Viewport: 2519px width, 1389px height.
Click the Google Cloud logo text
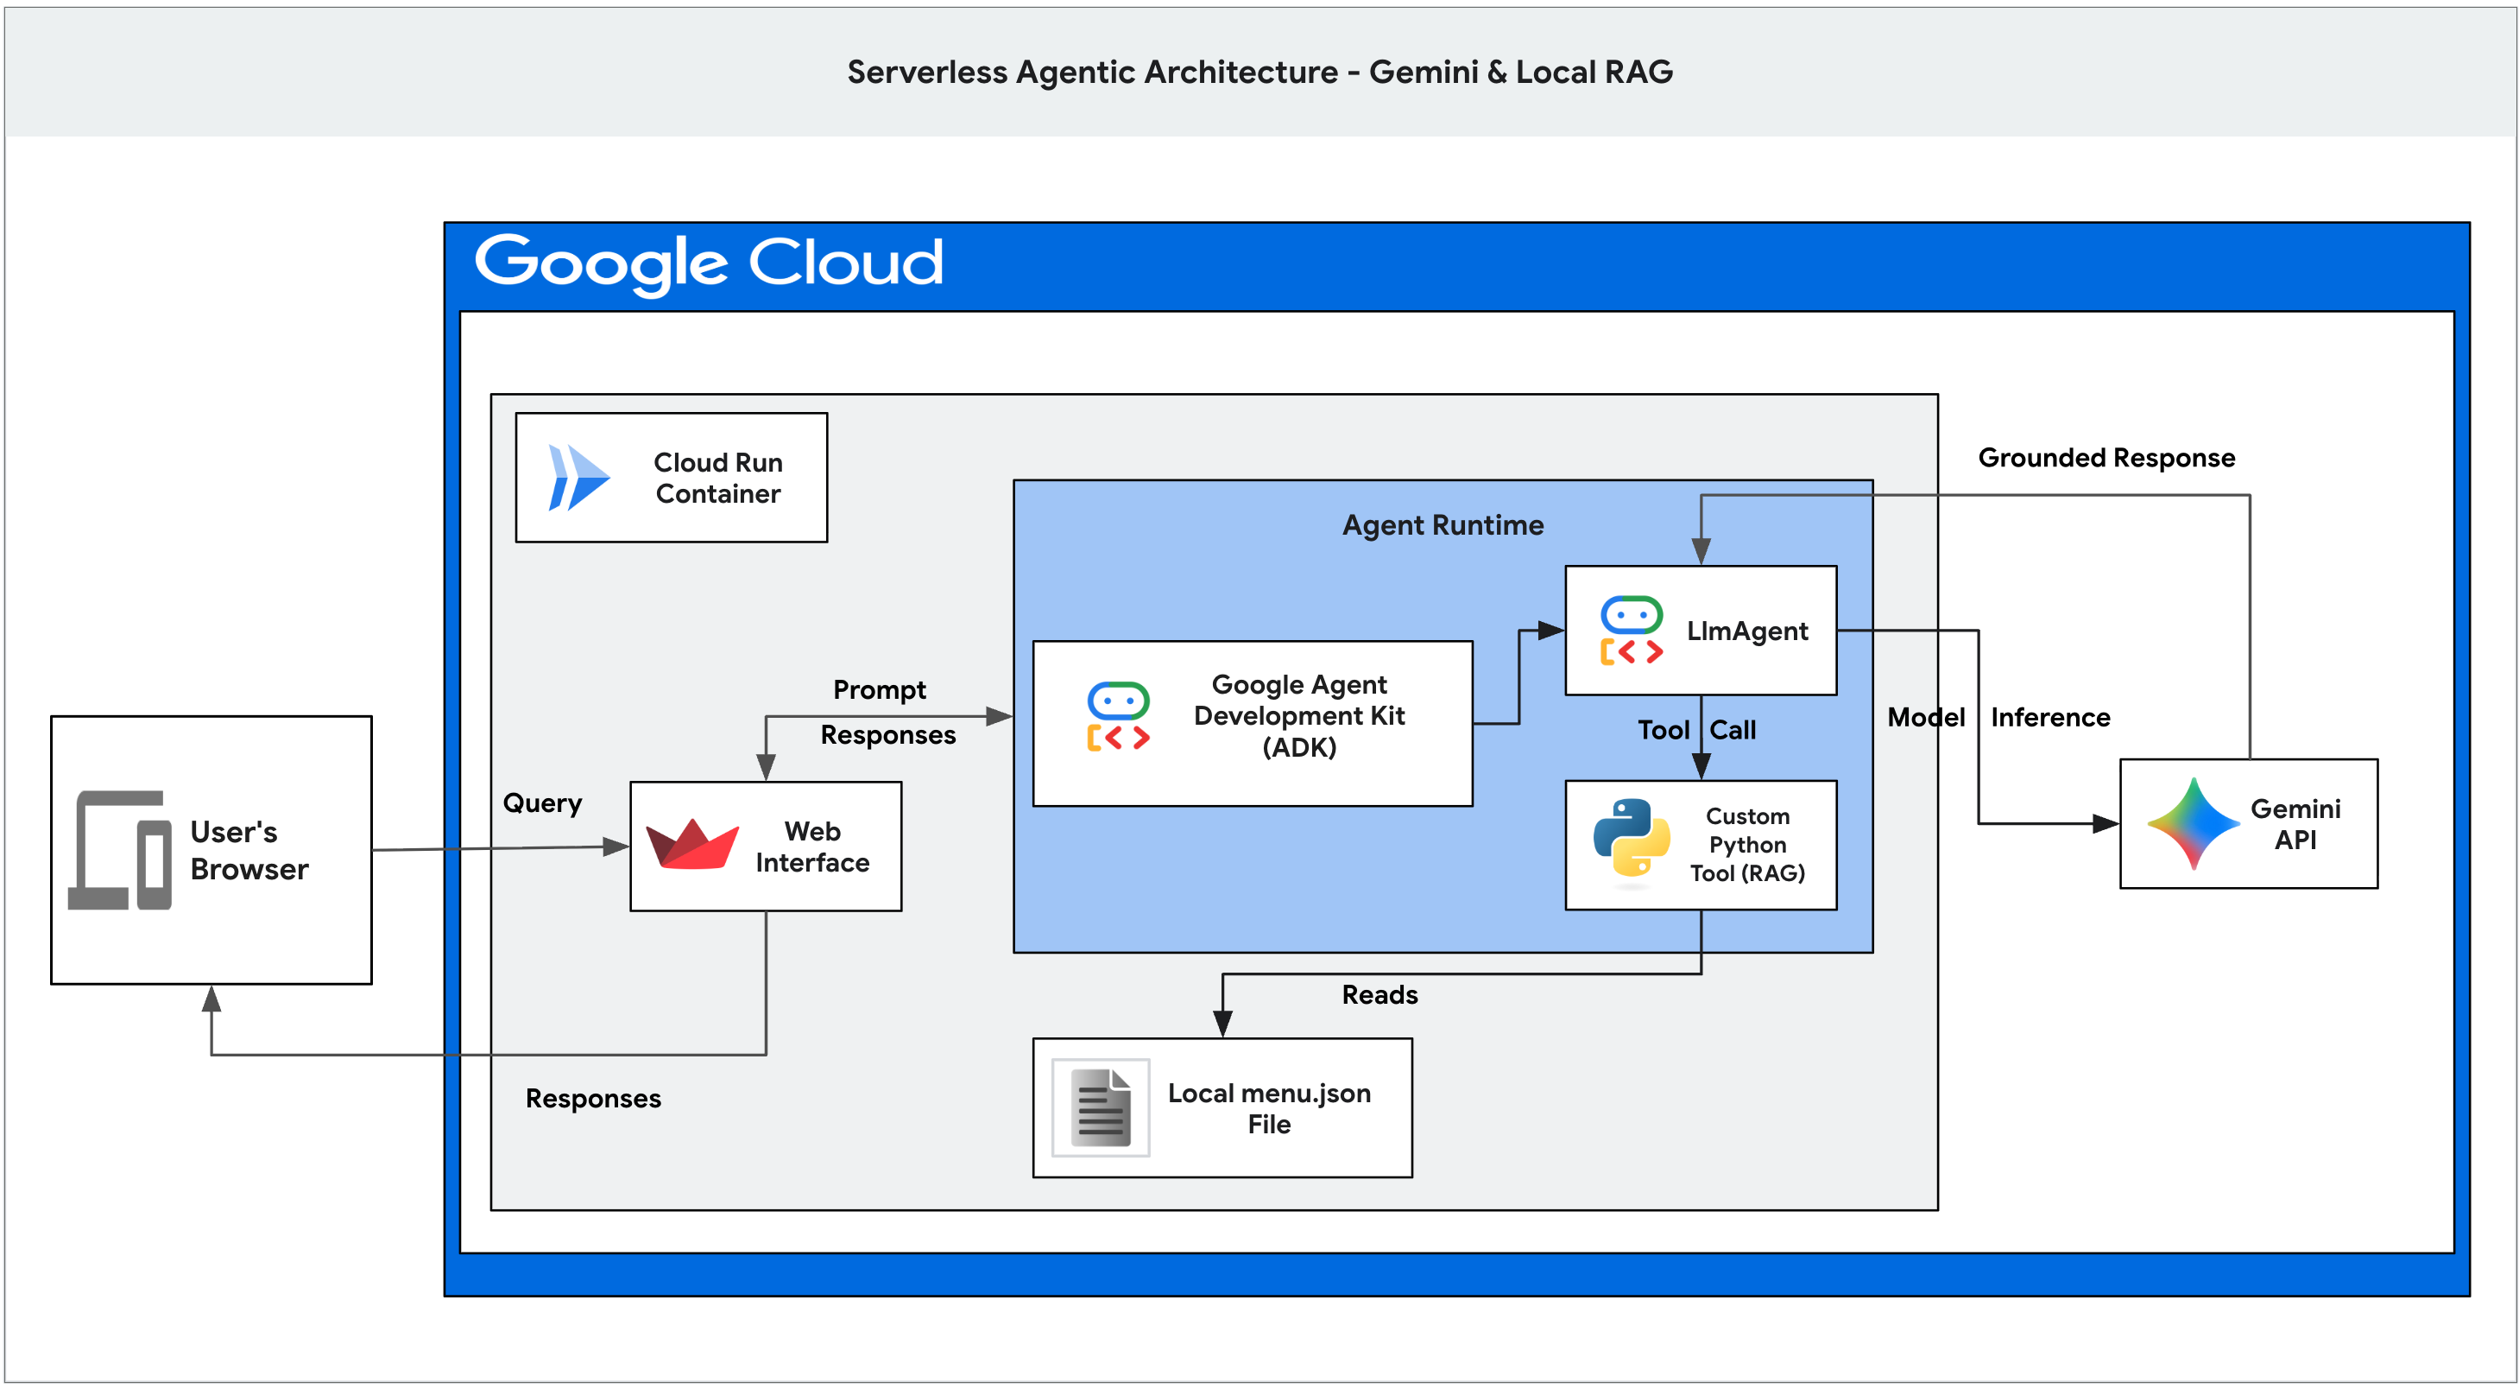(x=708, y=262)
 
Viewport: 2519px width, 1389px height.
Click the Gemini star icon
(x=2194, y=823)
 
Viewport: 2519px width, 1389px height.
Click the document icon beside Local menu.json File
(x=1101, y=1107)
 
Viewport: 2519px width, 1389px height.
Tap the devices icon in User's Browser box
(x=119, y=850)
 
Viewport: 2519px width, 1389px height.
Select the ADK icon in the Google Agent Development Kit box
(x=1118, y=716)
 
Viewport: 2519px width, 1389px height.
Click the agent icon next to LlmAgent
(x=1631, y=631)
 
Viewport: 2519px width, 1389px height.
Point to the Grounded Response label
(x=2106, y=458)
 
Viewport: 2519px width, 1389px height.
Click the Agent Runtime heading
(x=1443, y=525)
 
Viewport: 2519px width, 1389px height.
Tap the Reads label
(x=1379, y=994)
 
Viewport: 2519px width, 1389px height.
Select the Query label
(x=542, y=803)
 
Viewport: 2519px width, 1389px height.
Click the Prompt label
(x=879, y=689)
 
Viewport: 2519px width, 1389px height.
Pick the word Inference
(x=2050, y=717)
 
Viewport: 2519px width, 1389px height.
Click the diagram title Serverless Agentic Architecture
(x=1092, y=72)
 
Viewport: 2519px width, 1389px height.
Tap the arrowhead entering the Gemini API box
(x=2105, y=823)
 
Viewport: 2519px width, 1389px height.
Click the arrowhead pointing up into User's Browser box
(x=211, y=999)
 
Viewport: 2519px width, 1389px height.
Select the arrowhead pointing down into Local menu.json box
(x=1222, y=1023)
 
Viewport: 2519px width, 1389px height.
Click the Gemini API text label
(x=2295, y=823)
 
